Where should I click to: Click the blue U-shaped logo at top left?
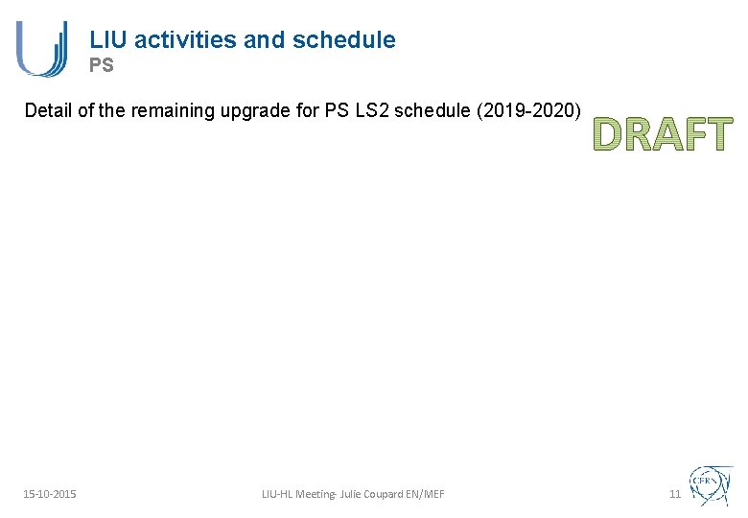(41, 48)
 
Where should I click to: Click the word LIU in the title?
(108, 39)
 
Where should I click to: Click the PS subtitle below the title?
(102, 66)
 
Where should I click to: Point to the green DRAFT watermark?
(662, 134)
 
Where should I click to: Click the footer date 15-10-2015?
(50, 494)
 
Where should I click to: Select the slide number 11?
(674, 494)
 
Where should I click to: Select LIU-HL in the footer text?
(279, 494)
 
